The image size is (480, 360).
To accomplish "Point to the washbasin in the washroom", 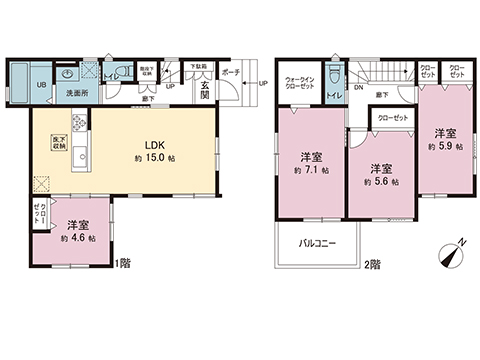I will (x=68, y=74).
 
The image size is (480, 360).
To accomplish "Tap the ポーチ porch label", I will (x=230, y=73).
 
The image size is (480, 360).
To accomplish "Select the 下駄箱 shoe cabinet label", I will (x=199, y=67).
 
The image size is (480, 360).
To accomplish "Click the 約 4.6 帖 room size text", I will (x=78, y=239).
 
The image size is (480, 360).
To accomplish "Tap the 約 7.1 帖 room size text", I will (x=311, y=172).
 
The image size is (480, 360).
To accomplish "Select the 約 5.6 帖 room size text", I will (x=379, y=181).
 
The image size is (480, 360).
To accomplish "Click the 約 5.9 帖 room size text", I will (x=444, y=146).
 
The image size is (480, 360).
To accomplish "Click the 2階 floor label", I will (x=372, y=263).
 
